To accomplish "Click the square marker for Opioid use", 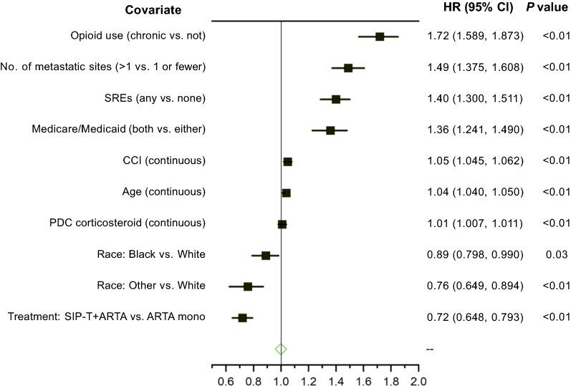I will tap(380, 37).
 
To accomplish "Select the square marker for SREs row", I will tap(335, 99).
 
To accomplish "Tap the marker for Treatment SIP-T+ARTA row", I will tap(242, 317).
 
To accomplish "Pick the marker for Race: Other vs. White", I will tap(248, 286).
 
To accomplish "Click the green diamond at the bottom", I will tap(281, 349).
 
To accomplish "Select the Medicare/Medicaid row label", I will tap(119, 130).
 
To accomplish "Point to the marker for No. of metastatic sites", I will tap(348, 68).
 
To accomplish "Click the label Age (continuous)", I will tap(165, 192).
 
